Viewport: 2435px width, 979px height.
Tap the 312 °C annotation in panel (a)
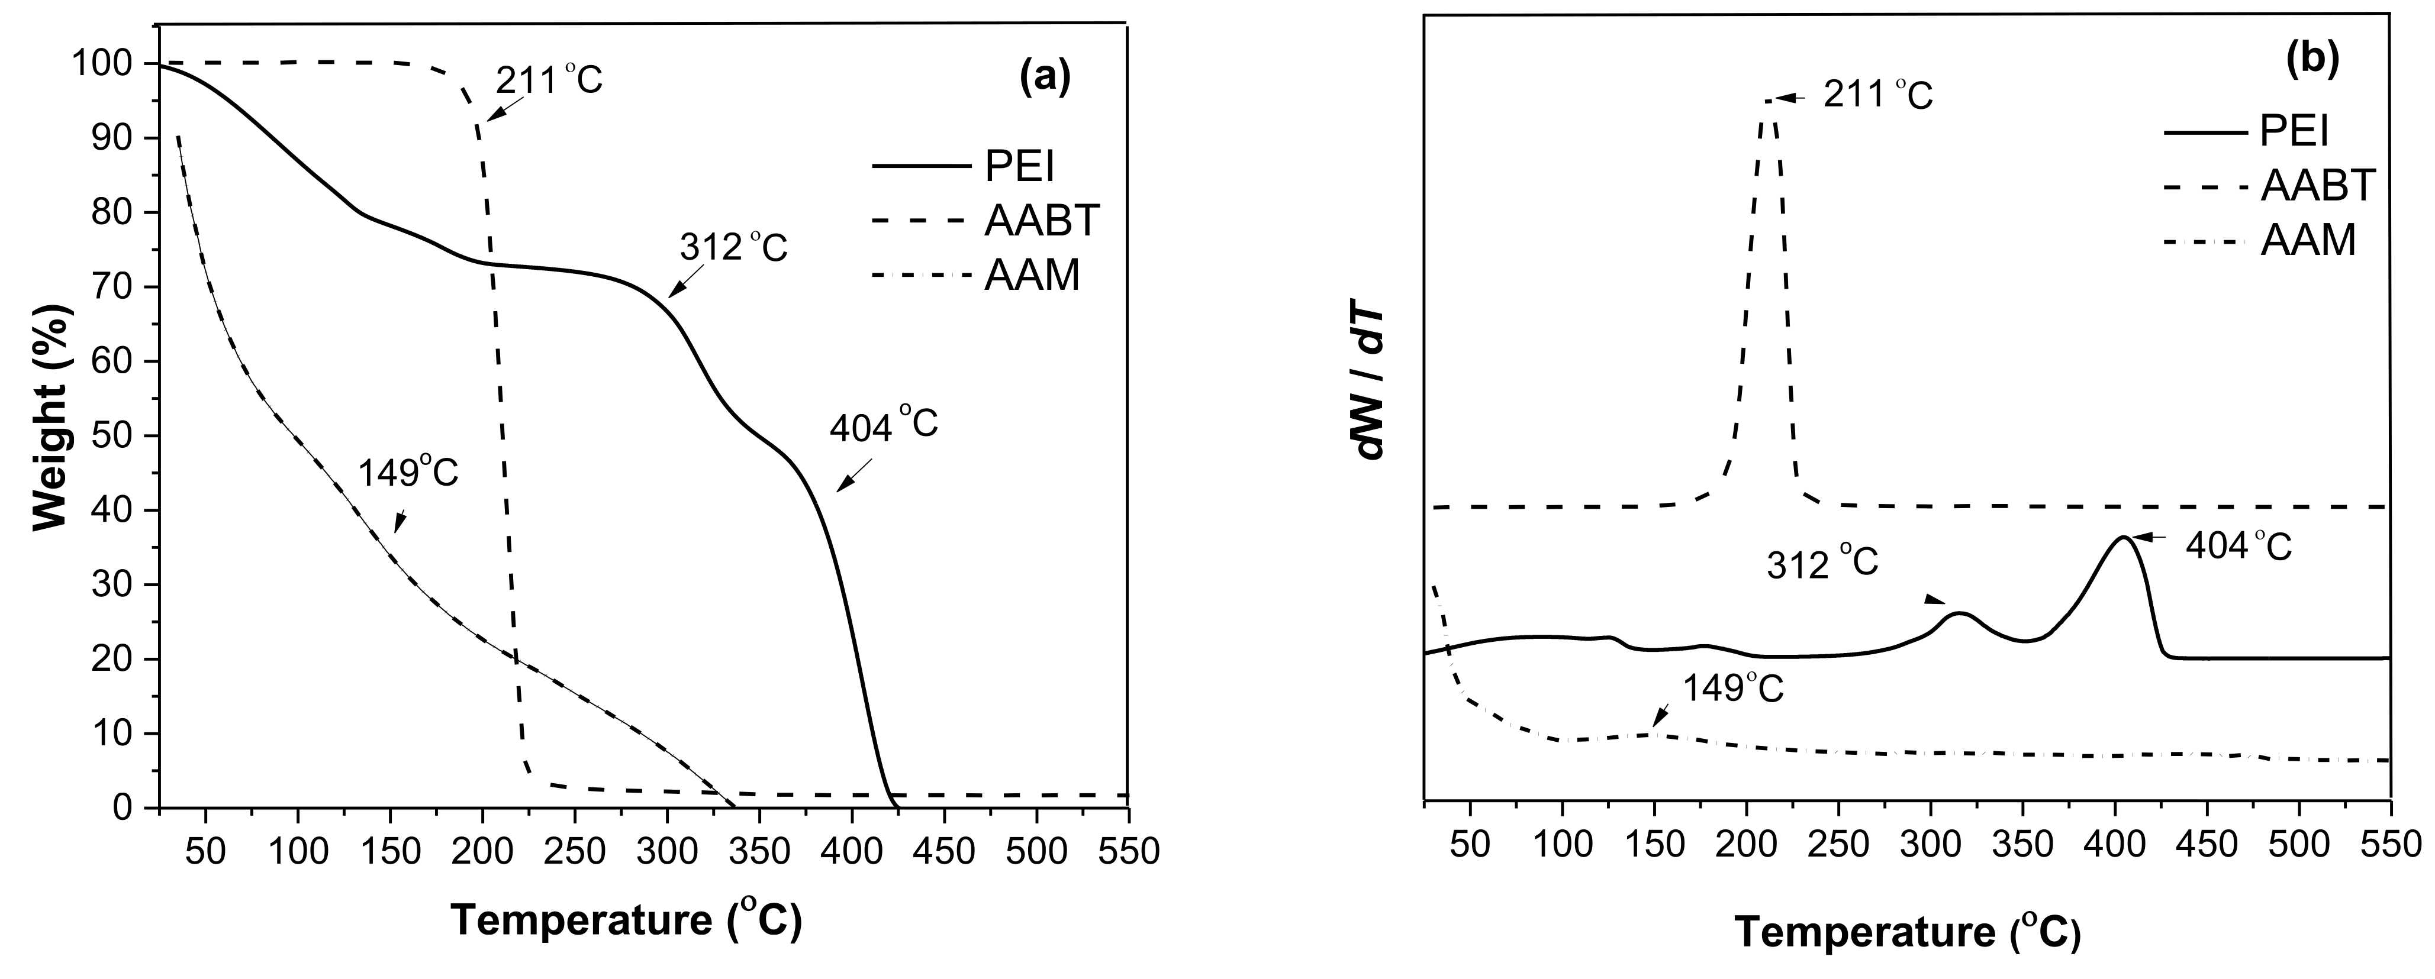[733, 248]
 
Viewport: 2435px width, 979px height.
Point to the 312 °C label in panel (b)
[1822, 564]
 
